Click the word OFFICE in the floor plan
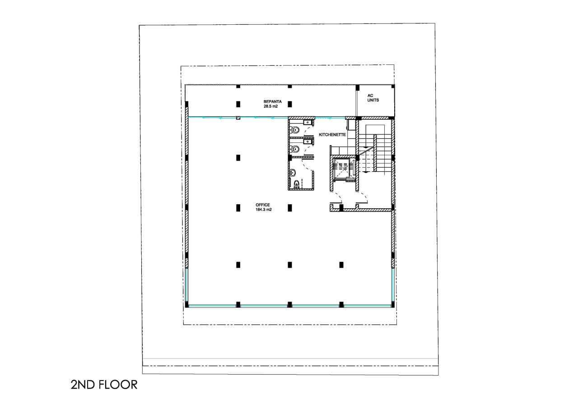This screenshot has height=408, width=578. tap(263, 205)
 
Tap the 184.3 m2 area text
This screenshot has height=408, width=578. tap(263, 210)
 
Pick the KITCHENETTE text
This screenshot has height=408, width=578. tap(332, 135)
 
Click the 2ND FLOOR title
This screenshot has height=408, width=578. tap(103, 385)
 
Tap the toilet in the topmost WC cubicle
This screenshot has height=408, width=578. tap(295, 130)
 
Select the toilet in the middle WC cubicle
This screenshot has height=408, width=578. tap(295, 149)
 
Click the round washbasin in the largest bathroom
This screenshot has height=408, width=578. tap(293, 172)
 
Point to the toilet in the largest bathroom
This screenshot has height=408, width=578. tap(296, 183)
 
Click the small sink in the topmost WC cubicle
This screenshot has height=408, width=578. tap(308, 122)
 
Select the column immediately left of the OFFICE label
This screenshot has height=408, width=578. tap(238, 207)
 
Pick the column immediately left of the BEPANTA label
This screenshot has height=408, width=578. tap(238, 104)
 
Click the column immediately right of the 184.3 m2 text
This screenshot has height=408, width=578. tap(289, 207)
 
